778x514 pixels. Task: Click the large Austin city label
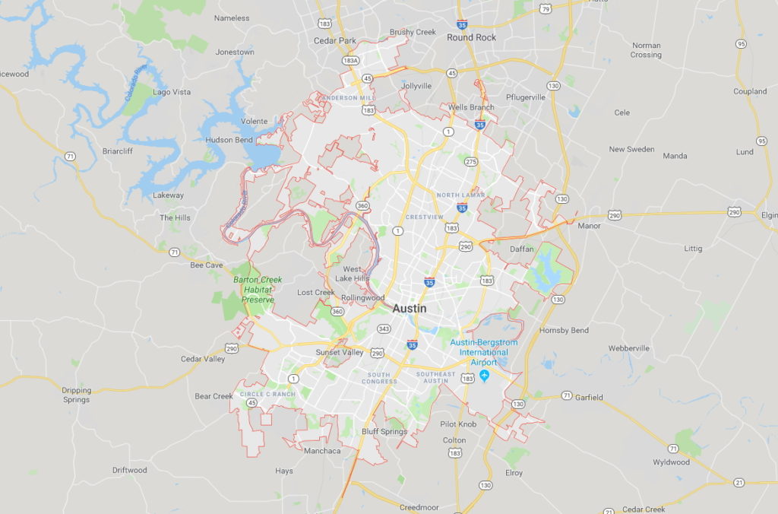pos(410,309)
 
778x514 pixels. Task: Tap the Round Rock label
pos(471,37)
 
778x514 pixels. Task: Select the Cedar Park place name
pos(334,41)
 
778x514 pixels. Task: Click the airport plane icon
pos(484,376)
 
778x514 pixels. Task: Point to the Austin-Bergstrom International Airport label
pos(484,352)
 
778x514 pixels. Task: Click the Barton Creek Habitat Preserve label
pos(258,290)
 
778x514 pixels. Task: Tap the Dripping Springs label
pos(76,395)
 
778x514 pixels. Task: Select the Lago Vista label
pos(172,92)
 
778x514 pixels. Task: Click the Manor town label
pos(589,226)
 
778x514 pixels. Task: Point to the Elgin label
pos(768,215)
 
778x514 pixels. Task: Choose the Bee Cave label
pos(206,265)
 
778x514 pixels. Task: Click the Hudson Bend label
pos(229,140)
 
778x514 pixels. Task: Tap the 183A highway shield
pos(350,60)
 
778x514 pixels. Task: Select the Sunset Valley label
pos(340,353)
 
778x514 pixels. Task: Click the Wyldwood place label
pos(671,462)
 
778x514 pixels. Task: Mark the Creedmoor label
pos(419,506)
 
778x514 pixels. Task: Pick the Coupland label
pos(750,91)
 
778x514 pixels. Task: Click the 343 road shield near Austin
pos(384,328)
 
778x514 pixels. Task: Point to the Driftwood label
pos(129,470)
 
